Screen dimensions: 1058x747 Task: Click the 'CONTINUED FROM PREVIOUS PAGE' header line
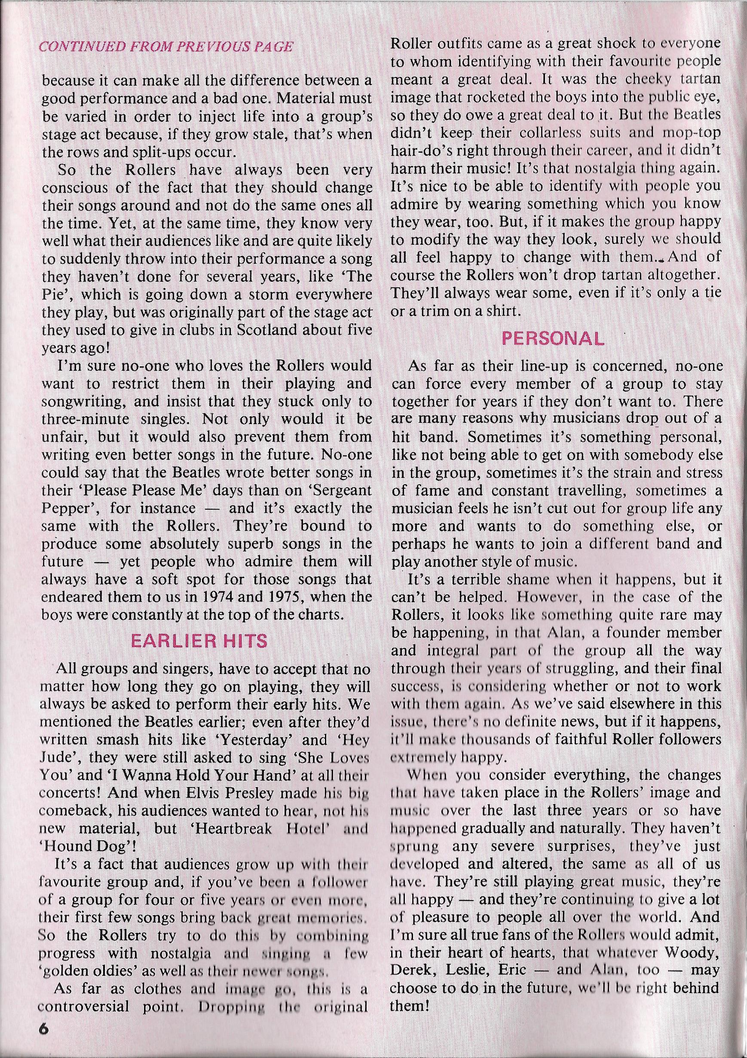click(x=167, y=47)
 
